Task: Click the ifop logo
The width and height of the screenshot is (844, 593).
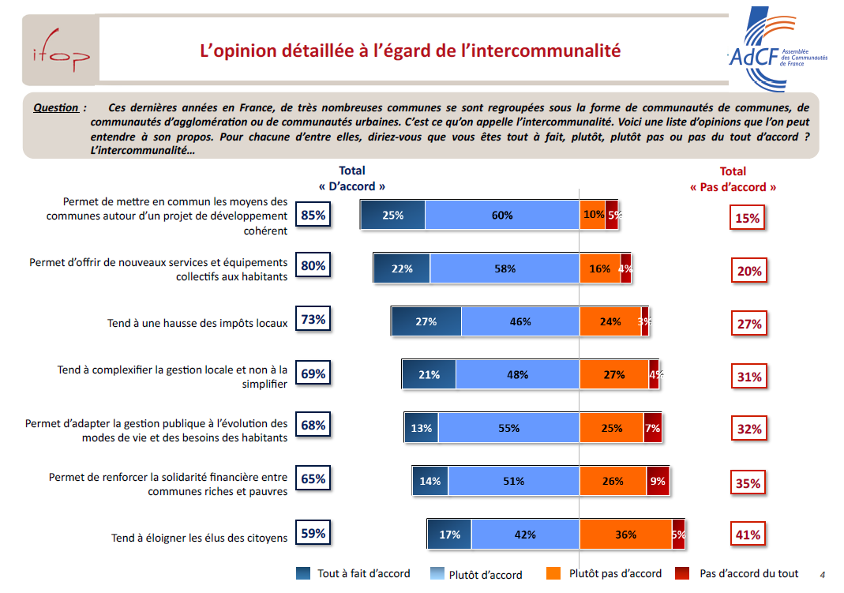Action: pyautogui.click(x=60, y=54)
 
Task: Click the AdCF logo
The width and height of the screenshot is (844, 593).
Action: pyautogui.click(x=775, y=47)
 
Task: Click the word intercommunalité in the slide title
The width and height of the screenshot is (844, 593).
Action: pyautogui.click(x=552, y=51)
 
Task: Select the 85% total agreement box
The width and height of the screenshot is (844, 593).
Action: pyautogui.click(x=313, y=215)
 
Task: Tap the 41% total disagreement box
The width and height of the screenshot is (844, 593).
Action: pyautogui.click(x=748, y=535)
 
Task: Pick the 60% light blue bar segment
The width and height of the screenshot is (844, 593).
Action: pyautogui.click(x=502, y=215)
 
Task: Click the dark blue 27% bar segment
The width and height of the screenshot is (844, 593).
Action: pyautogui.click(x=426, y=321)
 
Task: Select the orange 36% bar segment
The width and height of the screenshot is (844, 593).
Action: pyautogui.click(x=625, y=535)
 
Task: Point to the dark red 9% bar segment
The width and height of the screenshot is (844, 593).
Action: pyautogui.click(x=658, y=481)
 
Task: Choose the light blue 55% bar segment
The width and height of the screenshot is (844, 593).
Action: pyautogui.click(x=509, y=428)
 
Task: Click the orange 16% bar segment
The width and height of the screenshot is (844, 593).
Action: pyautogui.click(x=600, y=268)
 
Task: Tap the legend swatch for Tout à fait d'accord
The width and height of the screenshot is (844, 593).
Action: pyautogui.click(x=303, y=574)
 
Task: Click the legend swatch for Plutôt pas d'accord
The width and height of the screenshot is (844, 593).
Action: pyautogui.click(x=555, y=574)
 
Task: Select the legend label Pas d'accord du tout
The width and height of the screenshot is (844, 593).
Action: pyautogui.click(x=749, y=574)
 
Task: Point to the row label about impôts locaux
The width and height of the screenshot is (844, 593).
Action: pyautogui.click(x=197, y=323)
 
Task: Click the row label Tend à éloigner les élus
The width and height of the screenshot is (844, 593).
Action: pyautogui.click(x=199, y=538)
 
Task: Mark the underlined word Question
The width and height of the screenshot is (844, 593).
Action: pyautogui.click(x=55, y=107)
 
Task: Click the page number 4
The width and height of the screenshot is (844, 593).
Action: pyautogui.click(x=822, y=574)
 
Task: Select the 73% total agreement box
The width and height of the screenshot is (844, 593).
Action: pyautogui.click(x=313, y=320)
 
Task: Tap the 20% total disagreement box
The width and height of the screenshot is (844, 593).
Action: pyautogui.click(x=748, y=271)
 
